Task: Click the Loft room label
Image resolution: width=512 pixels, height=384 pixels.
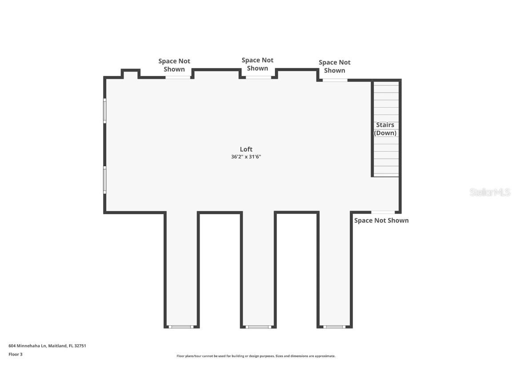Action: pyautogui.click(x=246, y=149)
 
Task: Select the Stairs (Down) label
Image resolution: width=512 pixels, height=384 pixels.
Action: pyautogui.click(x=385, y=129)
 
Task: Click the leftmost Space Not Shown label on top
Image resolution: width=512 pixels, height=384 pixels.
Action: pyautogui.click(x=174, y=65)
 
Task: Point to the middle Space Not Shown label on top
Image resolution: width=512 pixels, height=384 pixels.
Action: pyautogui.click(x=257, y=64)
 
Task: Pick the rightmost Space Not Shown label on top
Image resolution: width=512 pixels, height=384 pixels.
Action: pyautogui.click(x=334, y=66)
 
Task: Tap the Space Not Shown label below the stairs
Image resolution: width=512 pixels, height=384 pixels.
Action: pyautogui.click(x=381, y=220)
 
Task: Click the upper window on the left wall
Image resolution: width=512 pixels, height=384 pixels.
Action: pyautogui.click(x=105, y=111)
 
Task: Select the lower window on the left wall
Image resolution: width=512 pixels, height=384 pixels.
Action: pyautogui.click(x=105, y=180)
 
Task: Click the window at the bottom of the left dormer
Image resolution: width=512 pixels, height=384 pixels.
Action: pyautogui.click(x=181, y=327)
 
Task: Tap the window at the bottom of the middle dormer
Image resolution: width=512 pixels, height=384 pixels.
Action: pyautogui.click(x=258, y=327)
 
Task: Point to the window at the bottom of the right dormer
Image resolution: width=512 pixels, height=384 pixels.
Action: pyautogui.click(x=334, y=327)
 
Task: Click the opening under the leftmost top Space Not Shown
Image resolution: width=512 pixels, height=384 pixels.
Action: pyautogui.click(x=178, y=77)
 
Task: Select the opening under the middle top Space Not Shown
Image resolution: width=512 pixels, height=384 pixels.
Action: pyautogui.click(x=258, y=77)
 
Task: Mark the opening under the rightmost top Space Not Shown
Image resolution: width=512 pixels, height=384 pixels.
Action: pyautogui.click(x=335, y=80)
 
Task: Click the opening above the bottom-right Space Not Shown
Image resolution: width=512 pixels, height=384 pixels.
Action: pyautogui.click(x=383, y=212)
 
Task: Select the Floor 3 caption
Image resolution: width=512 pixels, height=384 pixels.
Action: pyautogui.click(x=15, y=354)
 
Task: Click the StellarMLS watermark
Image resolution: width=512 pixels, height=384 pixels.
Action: pyautogui.click(x=490, y=192)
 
